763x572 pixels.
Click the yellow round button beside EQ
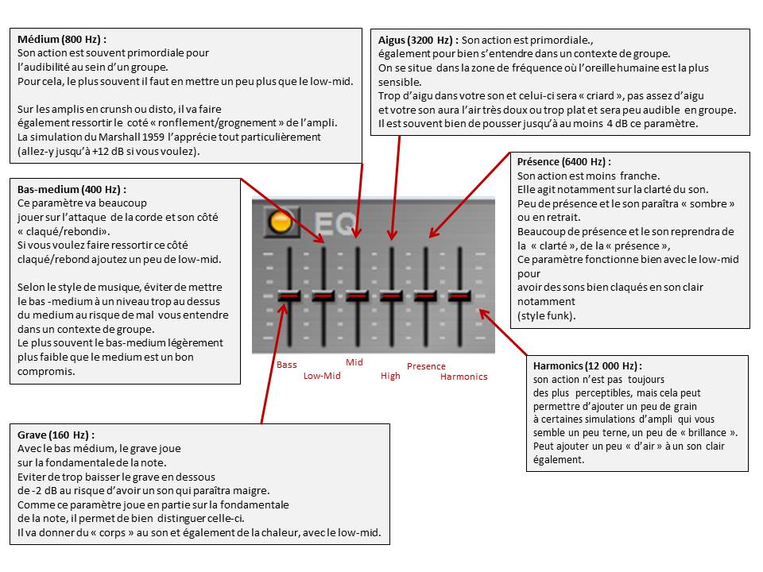(280, 222)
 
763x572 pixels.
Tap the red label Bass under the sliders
(286, 365)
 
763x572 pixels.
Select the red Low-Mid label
(321, 376)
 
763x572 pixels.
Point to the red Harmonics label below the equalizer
(463, 377)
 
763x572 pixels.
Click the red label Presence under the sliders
(426, 366)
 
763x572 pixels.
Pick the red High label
(390, 376)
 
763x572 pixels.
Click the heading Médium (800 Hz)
(61, 39)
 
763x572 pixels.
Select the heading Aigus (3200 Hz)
(417, 40)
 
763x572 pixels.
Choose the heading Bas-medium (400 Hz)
(72, 189)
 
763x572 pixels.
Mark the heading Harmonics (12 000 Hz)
(587, 366)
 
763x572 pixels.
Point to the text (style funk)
(545, 315)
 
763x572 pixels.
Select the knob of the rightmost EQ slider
(459, 296)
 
